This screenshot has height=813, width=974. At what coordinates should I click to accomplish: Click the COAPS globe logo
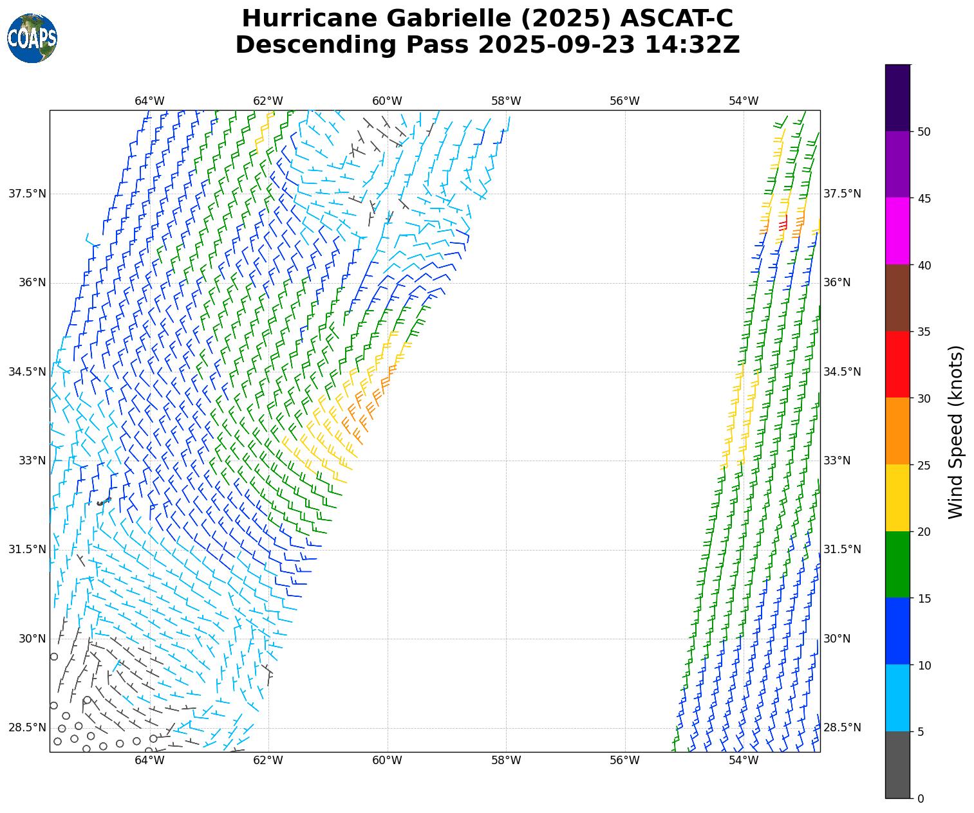(x=32, y=39)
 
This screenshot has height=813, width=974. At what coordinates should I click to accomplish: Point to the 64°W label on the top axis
(x=149, y=101)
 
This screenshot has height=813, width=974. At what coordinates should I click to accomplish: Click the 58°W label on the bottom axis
(x=506, y=761)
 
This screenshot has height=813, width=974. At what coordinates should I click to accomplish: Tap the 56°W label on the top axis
(x=624, y=101)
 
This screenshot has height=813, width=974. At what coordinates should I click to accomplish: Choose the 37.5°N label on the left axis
(x=27, y=194)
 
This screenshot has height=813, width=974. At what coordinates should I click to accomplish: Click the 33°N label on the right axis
(x=837, y=461)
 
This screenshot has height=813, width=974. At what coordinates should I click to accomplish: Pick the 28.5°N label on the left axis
(x=27, y=727)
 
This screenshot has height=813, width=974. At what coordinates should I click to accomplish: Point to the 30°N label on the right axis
(x=837, y=639)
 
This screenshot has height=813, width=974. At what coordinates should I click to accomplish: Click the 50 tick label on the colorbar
(x=924, y=132)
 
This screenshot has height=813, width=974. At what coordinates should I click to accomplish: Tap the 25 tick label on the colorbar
(x=924, y=465)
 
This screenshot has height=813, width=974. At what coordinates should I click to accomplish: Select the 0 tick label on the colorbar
(x=921, y=798)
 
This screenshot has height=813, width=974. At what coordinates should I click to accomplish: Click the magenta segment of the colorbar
(x=898, y=231)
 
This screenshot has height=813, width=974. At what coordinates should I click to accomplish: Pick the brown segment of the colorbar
(x=898, y=298)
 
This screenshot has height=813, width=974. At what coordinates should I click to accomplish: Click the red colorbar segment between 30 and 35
(x=898, y=365)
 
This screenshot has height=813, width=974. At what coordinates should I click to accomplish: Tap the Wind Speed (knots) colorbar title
(x=957, y=432)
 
